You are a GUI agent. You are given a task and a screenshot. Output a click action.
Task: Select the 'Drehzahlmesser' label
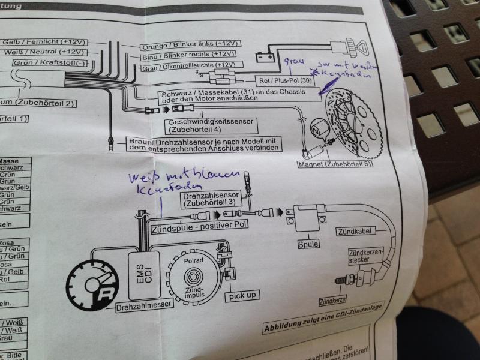click(144, 305)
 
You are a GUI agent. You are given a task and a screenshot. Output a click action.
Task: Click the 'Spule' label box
click(307, 245)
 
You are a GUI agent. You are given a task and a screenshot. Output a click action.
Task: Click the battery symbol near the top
click(264, 57)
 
